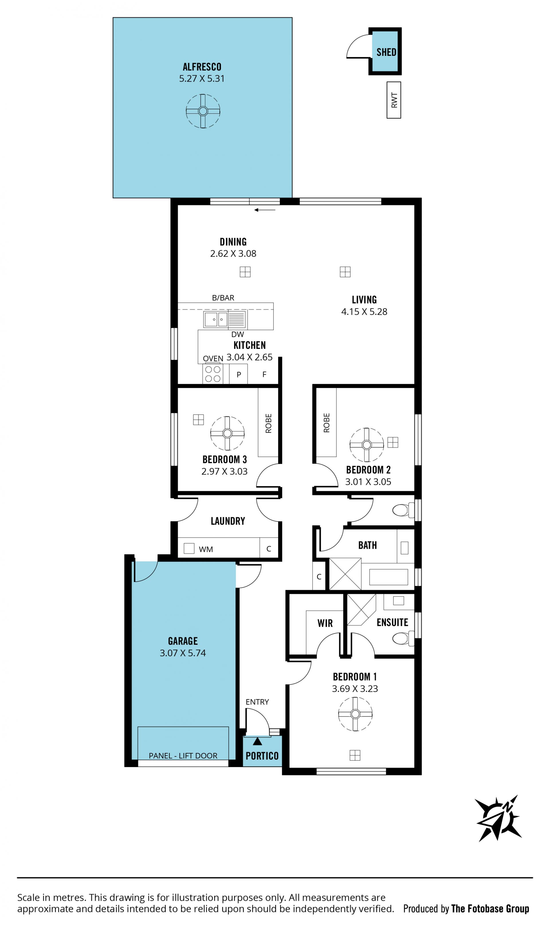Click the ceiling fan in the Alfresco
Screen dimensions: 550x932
pos(203,111)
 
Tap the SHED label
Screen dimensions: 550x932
pos(386,52)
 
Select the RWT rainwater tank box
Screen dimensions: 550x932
pos(394,100)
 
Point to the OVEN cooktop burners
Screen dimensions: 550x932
pos(213,373)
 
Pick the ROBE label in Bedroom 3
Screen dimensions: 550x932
pos(268,423)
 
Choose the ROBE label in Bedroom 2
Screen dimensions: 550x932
pos(326,422)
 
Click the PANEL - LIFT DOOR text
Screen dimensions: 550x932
pos(183,756)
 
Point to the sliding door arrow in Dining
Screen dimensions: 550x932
pos(265,210)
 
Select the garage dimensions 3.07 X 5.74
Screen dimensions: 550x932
pos(183,653)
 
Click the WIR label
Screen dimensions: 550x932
pos(325,623)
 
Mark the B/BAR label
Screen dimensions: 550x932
pos(223,298)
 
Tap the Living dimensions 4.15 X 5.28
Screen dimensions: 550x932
pos(364,312)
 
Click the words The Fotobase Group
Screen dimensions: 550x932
pos(490,908)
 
